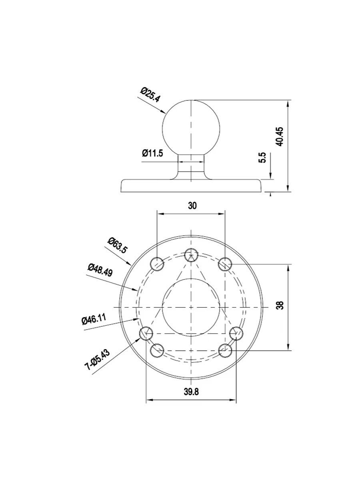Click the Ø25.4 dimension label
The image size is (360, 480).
tap(150, 95)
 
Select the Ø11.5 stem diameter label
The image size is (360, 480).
tap(152, 153)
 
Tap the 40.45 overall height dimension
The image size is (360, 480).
tap(279, 137)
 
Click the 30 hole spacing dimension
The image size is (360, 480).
tap(192, 206)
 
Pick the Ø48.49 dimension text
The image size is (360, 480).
tap(100, 270)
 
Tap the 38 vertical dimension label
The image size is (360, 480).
tap(280, 305)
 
